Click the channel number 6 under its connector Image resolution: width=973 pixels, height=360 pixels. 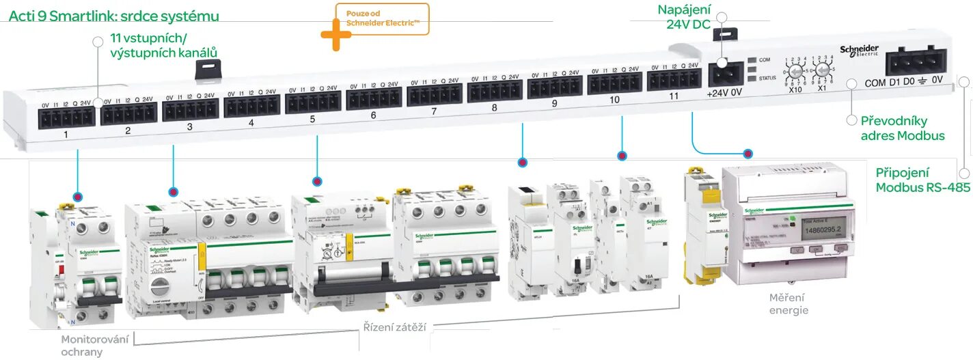[373, 115]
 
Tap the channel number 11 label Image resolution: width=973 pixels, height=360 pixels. [674, 96]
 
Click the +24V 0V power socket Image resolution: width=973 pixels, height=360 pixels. [726, 72]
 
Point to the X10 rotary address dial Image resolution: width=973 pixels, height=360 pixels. [795, 71]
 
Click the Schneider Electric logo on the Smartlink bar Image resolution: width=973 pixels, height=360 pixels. [859, 52]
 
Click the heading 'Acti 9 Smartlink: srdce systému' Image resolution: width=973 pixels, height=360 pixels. [114, 16]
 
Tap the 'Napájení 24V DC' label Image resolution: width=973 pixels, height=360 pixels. [684, 17]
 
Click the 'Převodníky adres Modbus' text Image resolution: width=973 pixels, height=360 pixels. [902, 128]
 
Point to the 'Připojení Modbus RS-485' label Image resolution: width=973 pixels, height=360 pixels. [922, 180]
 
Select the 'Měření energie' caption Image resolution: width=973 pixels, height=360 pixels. [788, 303]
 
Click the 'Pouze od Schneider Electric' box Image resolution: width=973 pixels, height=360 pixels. [383, 18]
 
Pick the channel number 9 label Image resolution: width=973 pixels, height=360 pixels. [554, 104]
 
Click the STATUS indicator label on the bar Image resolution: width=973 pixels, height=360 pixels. [767, 78]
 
